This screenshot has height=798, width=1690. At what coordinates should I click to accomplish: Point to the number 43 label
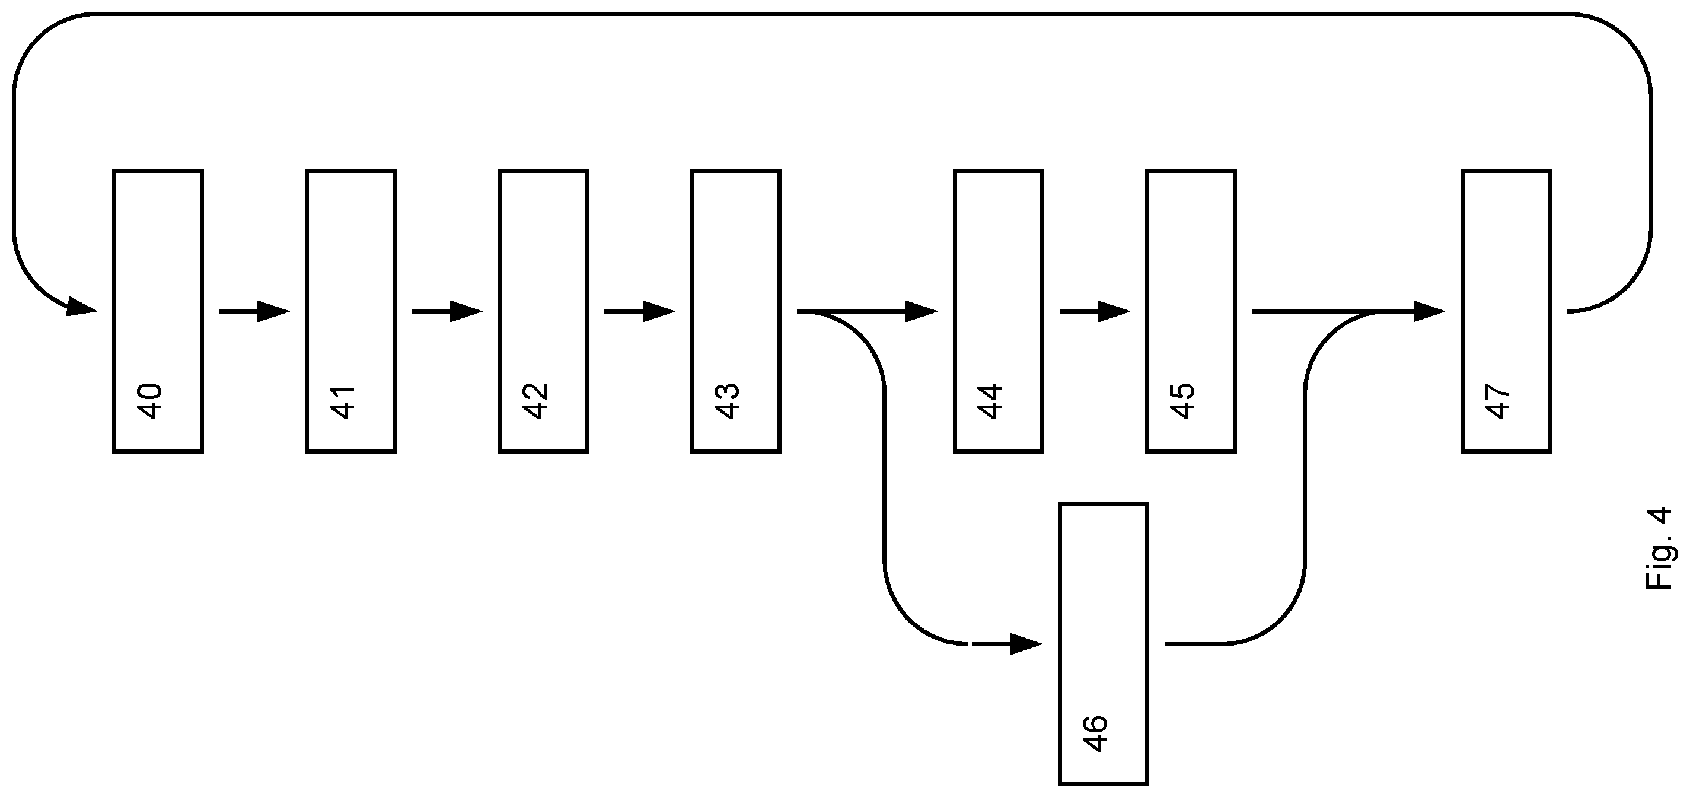point(728,401)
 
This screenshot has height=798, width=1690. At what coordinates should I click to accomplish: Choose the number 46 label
point(1095,734)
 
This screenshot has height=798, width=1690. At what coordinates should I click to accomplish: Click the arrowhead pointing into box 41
point(273,311)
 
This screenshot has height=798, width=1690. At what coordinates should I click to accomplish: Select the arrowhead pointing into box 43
point(659,311)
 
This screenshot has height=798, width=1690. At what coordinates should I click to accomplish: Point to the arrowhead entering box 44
point(921,311)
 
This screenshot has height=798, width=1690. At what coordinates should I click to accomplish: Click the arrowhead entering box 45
point(1114,311)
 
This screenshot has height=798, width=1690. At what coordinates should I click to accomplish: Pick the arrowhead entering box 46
point(1026,644)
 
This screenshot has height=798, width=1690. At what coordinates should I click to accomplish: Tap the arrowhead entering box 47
point(1429,311)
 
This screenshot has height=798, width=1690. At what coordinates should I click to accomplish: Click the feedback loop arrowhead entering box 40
point(81,307)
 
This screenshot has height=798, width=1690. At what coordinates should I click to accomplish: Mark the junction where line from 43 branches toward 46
point(817,311)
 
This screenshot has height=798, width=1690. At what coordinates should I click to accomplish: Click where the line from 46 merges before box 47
point(1371,311)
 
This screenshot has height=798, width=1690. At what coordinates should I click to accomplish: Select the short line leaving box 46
point(1194,644)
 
